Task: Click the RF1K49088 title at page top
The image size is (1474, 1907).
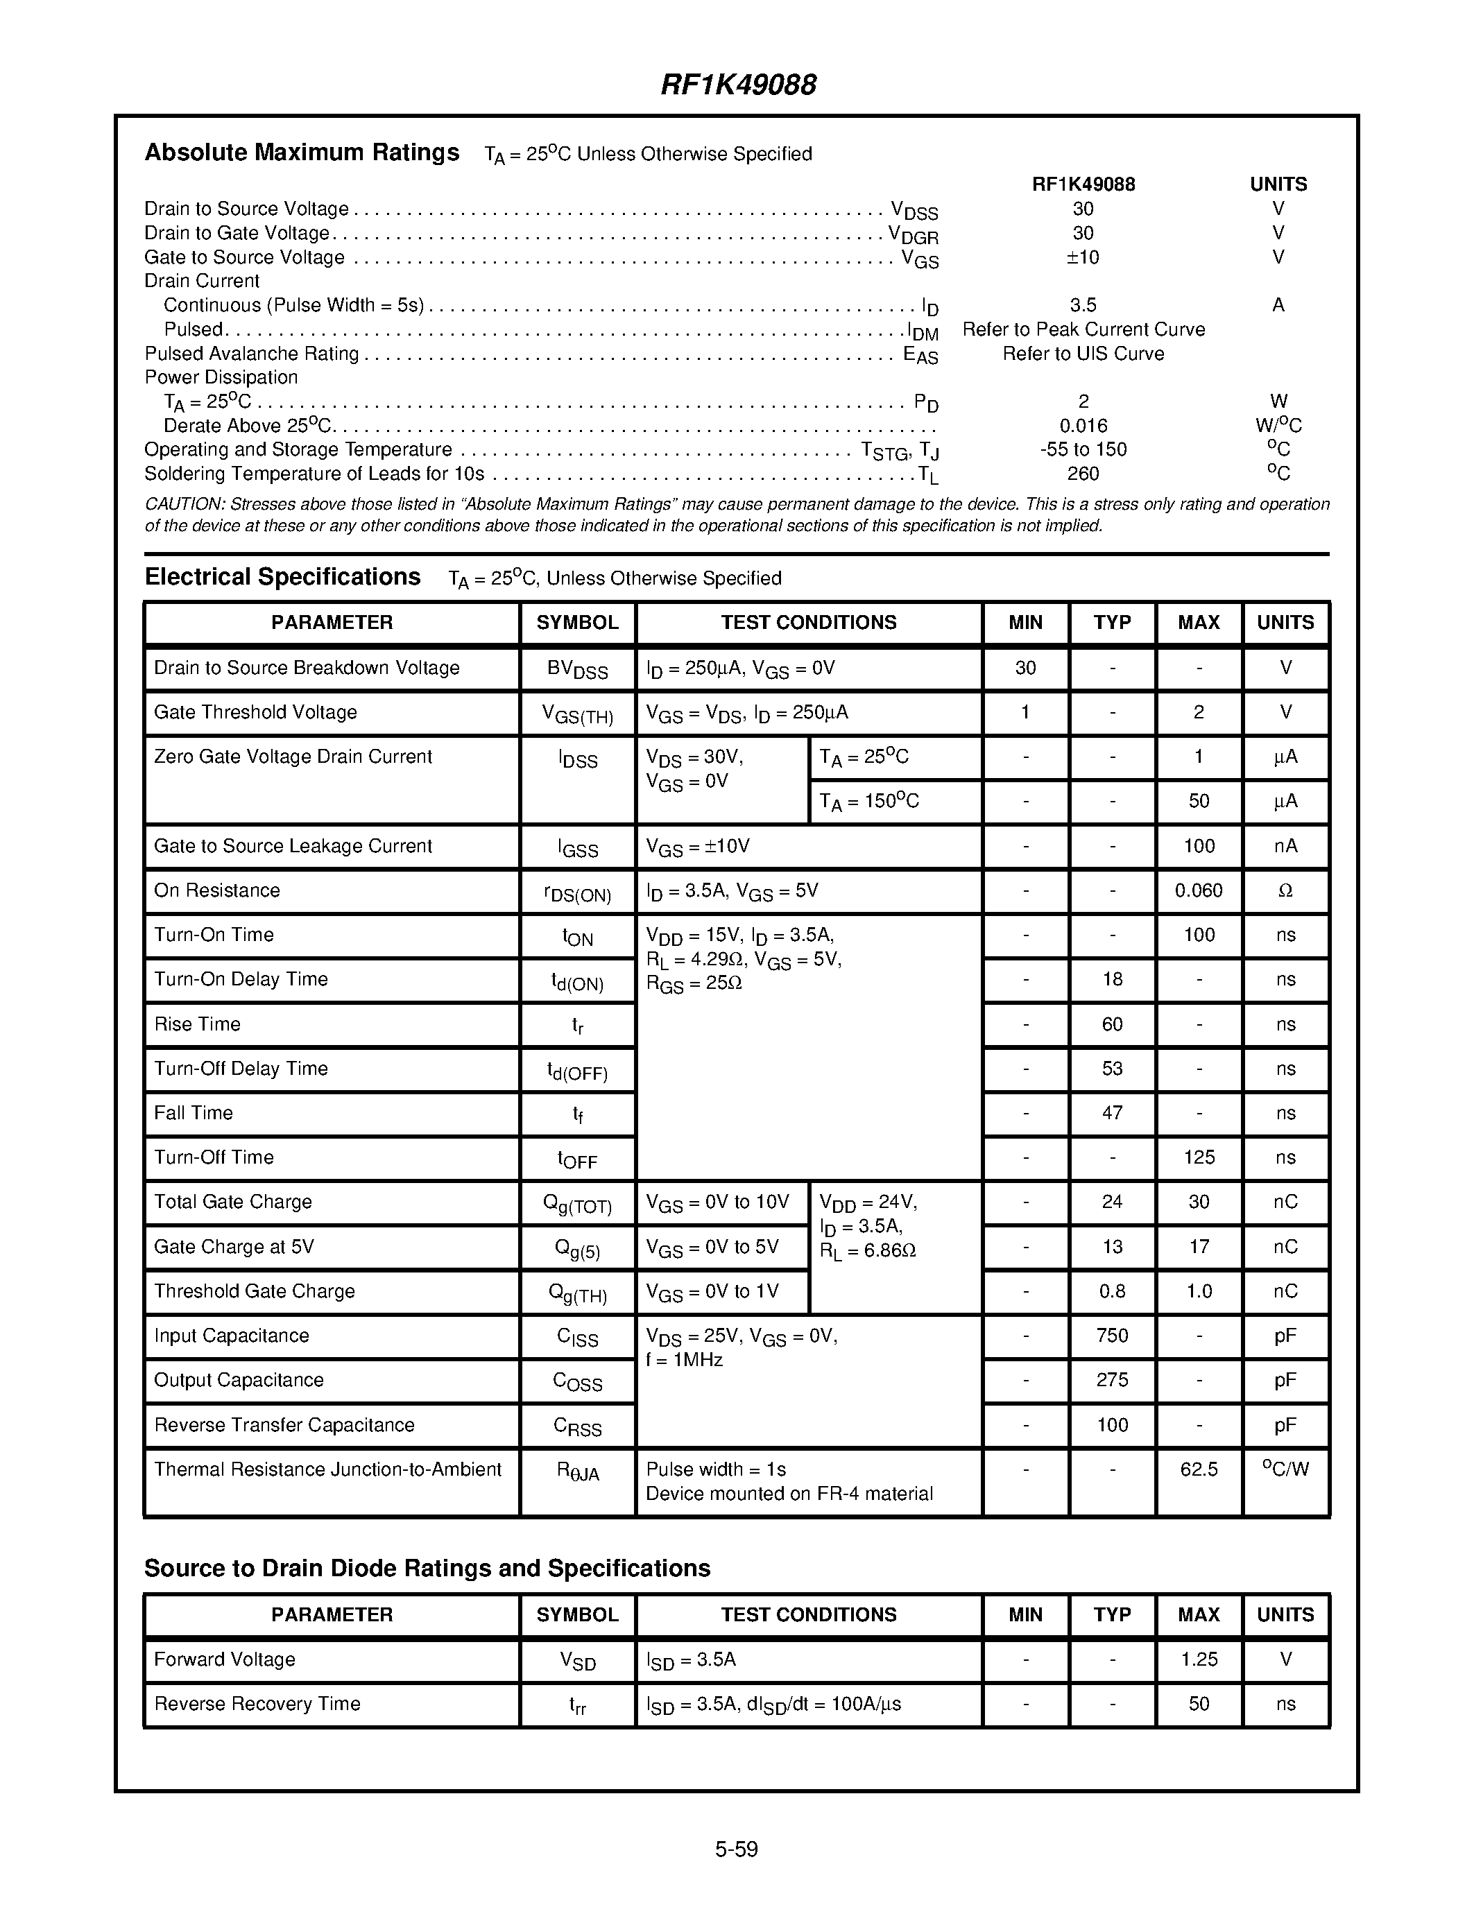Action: pyautogui.click(x=738, y=85)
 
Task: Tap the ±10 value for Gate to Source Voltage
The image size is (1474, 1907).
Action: pyautogui.click(x=1083, y=257)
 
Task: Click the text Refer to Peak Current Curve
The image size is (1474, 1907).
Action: pyautogui.click(x=1083, y=330)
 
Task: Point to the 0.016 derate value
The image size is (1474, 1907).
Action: pyautogui.click(x=1083, y=426)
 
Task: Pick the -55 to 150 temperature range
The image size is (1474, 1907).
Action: pyautogui.click(x=1083, y=449)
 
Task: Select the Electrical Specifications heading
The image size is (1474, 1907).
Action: pyautogui.click(x=282, y=577)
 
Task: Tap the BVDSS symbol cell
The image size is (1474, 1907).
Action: pyautogui.click(x=577, y=669)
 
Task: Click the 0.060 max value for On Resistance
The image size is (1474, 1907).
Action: pyautogui.click(x=1198, y=890)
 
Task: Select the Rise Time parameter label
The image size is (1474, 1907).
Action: pyautogui.click(x=198, y=1024)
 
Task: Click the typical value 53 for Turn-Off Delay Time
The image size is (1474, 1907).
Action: pyautogui.click(x=1112, y=1069)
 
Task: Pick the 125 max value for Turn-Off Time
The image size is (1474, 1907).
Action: pyautogui.click(x=1198, y=1158)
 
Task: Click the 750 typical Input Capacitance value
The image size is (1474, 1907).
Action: pyautogui.click(x=1112, y=1336)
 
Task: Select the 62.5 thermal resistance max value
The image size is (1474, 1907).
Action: pyautogui.click(x=1198, y=1469)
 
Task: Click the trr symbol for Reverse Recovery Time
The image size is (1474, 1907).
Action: pyautogui.click(x=577, y=1705)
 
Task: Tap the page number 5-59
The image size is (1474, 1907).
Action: pyautogui.click(x=736, y=1849)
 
